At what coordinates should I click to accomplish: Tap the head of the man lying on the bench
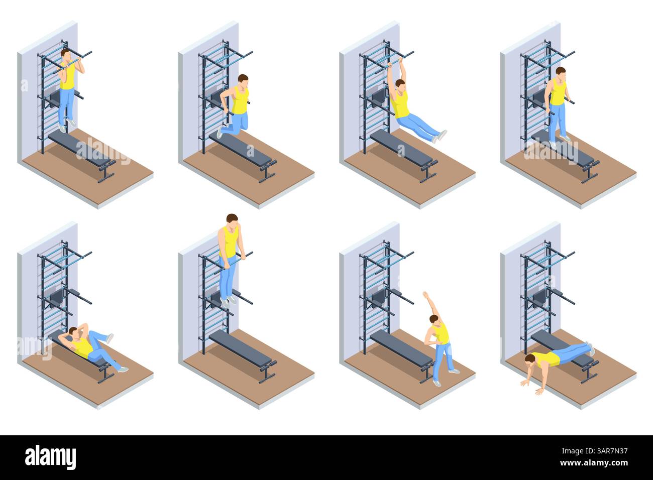[73, 332]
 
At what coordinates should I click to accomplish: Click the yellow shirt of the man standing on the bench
[558, 93]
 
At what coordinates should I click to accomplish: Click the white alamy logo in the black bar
[50, 457]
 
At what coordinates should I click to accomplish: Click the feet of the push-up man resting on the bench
[590, 347]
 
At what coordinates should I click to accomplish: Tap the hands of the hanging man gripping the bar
[401, 61]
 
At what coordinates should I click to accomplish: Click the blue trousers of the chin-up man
[66, 105]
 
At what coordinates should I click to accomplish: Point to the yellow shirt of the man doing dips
[240, 100]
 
